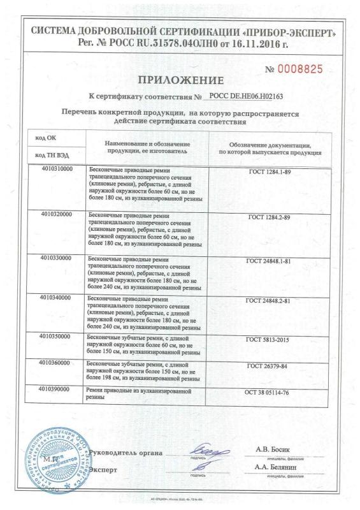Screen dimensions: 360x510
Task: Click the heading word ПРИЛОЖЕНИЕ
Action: [180, 81]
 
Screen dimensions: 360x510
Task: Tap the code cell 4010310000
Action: [55, 169]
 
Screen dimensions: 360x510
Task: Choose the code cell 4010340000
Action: [55, 298]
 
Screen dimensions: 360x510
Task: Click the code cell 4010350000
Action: [55, 334]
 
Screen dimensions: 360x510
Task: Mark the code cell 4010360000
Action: [55, 361]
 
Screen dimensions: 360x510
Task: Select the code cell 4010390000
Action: [55, 388]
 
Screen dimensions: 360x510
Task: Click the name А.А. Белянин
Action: [278, 469]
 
